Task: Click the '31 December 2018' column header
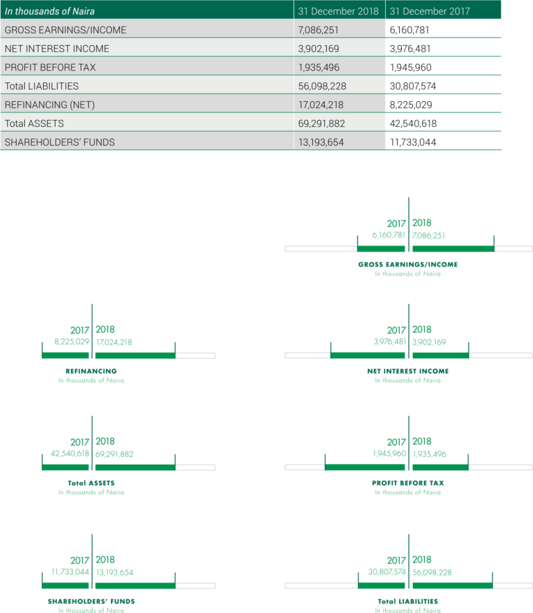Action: click(x=338, y=11)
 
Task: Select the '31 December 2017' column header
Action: click(x=430, y=11)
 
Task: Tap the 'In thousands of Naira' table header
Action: click(x=50, y=11)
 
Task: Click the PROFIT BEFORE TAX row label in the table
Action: click(x=50, y=67)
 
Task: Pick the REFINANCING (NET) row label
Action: click(x=50, y=105)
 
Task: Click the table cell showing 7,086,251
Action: click(x=318, y=30)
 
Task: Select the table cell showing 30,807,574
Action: click(x=413, y=86)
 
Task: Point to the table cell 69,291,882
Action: click(x=322, y=123)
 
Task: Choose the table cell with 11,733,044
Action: click(x=413, y=142)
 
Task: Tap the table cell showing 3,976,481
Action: click(x=410, y=49)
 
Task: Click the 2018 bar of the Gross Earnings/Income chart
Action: click(x=453, y=249)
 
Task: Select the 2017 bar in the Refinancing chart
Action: click(x=65, y=355)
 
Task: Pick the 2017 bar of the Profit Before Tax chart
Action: click(x=365, y=467)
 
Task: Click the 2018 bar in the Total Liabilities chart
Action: click(x=452, y=586)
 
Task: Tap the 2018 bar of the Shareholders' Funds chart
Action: click(x=135, y=586)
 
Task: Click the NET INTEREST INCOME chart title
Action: click(x=408, y=371)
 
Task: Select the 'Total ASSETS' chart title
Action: click(x=91, y=483)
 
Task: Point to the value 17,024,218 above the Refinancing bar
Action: click(x=114, y=342)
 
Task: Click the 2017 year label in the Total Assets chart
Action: click(x=80, y=442)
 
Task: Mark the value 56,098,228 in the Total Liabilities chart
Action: click(x=432, y=572)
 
